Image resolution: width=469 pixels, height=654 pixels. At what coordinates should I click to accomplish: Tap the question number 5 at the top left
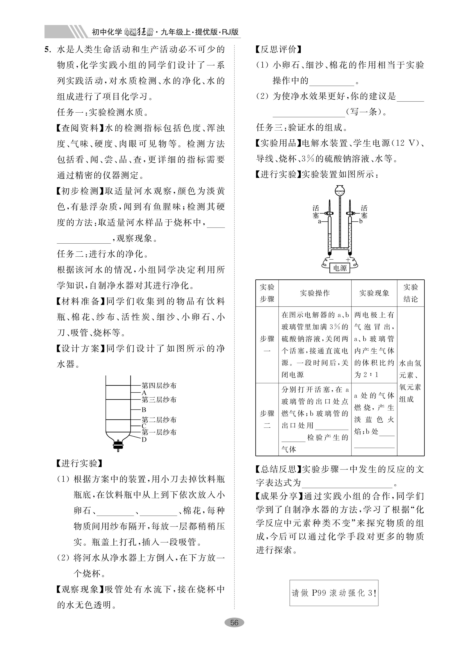pyautogui.click(x=48, y=50)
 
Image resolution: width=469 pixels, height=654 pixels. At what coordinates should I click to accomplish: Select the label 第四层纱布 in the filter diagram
pyautogui.click(x=159, y=386)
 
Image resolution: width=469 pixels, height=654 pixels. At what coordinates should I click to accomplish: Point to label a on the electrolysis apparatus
pyautogui.click(x=319, y=221)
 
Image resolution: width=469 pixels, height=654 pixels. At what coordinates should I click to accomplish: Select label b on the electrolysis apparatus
pyautogui.click(x=361, y=221)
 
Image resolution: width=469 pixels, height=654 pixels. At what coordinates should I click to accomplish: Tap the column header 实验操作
pyautogui.click(x=315, y=293)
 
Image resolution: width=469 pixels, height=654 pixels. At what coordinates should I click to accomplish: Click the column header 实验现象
pyautogui.click(x=374, y=293)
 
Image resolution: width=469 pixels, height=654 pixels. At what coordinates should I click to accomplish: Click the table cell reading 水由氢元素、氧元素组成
pyautogui.click(x=410, y=381)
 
